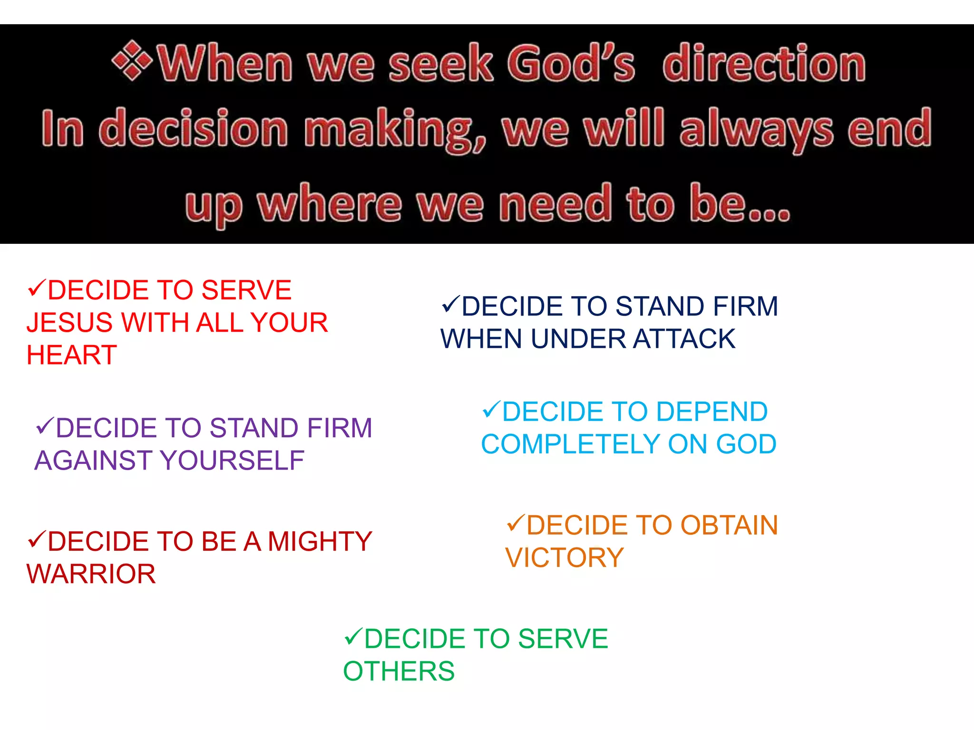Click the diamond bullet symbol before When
pyautogui.click(x=132, y=61)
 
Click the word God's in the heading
pyautogui.click(x=571, y=64)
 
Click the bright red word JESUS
pyautogui.click(x=69, y=323)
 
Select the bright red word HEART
pyautogui.click(x=72, y=355)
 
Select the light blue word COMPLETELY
pyautogui.click(x=570, y=444)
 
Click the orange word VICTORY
pyautogui.click(x=564, y=558)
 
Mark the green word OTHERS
pyautogui.click(x=399, y=672)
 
